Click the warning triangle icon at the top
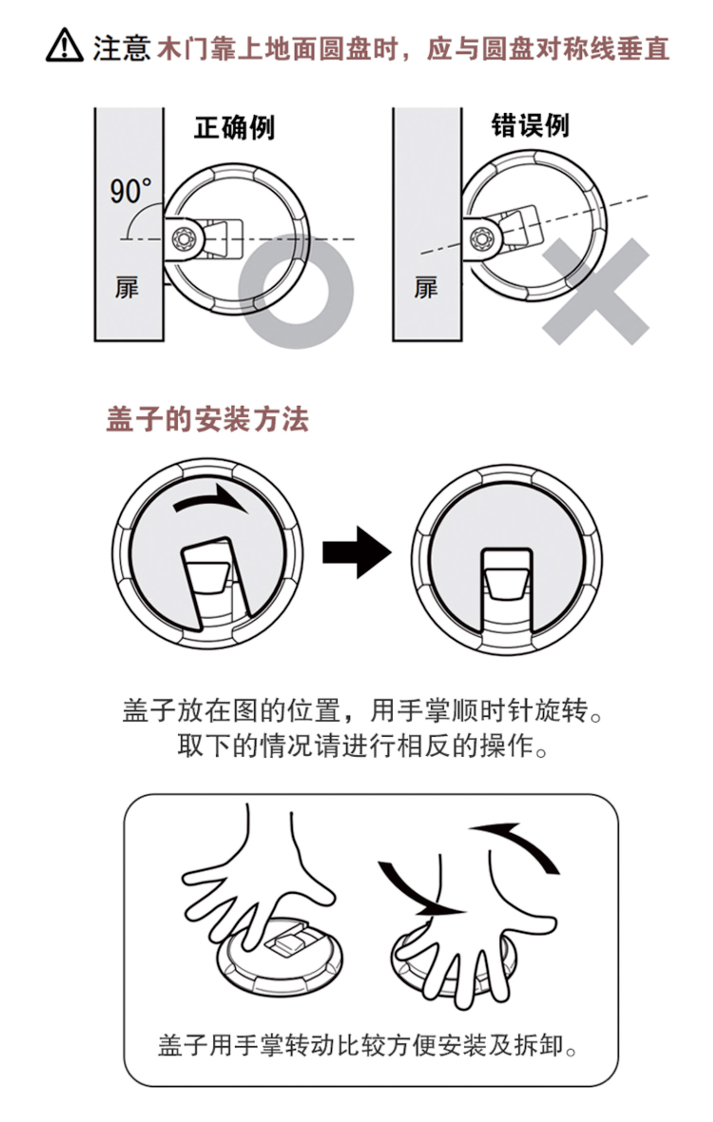pyautogui.click(x=64, y=46)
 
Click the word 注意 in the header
pyautogui.click(x=122, y=49)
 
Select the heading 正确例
pyautogui.click(x=234, y=127)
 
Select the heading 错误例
pyautogui.click(x=530, y=126)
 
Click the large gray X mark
pyautogui.click(x=596, y=292)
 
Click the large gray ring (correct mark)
pyautogui.click(x=296, y=291)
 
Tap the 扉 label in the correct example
pyautogui.click(x=126, y=287)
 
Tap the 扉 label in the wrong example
pyautogui.click(x=425, y=287)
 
